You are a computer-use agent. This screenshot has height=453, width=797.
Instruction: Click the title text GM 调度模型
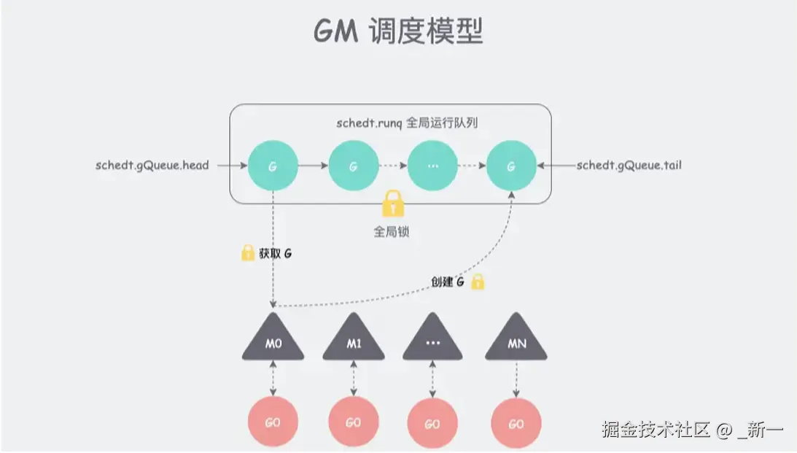click(x=398, y=32)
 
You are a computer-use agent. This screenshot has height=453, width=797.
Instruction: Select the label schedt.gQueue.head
click(x=152, y=165)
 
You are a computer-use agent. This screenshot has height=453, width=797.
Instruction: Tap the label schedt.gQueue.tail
click(x=629, y=165)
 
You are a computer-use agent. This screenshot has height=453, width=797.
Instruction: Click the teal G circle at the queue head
click(x=273, y=166)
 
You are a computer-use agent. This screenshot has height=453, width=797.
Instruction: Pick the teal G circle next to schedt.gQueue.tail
click(x=510, y=166)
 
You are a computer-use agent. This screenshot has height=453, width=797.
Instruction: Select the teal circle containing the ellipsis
click(x=432, y=166)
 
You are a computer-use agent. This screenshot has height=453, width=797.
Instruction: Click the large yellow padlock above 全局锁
click(x=393, y=204)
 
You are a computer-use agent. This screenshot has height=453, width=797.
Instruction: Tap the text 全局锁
click(x=393, y=233)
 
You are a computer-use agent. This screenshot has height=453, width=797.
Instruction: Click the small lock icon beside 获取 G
click(x=247, y=254)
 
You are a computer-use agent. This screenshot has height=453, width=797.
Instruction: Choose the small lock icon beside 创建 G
click(x=478, y=282)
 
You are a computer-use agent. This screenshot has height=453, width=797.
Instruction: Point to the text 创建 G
click(x=447, y=282)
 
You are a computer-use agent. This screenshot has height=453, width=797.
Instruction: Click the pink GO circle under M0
click(x=273, y=423)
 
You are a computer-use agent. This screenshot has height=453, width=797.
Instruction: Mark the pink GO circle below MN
click(x=516, y=423)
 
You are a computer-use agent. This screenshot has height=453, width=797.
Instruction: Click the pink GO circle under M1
click(x=353, y=423)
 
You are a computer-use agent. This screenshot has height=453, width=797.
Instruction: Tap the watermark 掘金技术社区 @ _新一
click(x=692, y=430)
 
